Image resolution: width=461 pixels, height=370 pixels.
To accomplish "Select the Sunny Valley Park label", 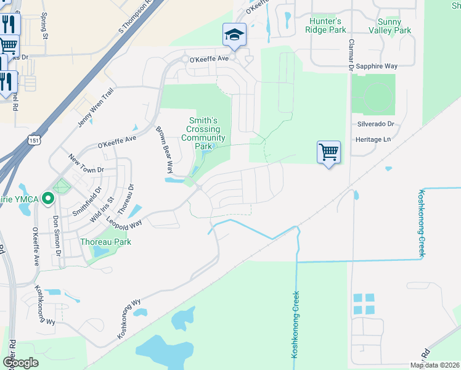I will pos(390,25).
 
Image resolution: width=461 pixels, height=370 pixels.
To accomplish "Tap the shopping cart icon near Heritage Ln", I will pos(328,151).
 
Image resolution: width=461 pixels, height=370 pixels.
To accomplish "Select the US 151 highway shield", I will pos(34,141).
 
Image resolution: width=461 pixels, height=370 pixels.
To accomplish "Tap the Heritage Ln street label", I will pos(373,140).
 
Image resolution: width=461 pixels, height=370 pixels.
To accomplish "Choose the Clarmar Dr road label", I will pos(350,55).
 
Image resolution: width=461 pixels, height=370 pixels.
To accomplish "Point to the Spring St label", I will pos(45,27).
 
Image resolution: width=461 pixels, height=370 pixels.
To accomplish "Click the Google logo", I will pos(20,363).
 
